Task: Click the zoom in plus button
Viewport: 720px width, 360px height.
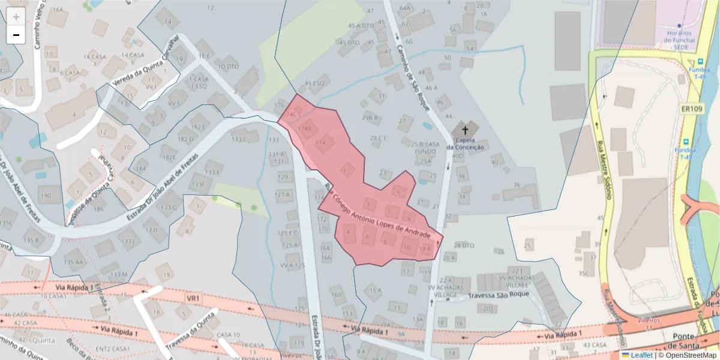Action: (x=16, y=17)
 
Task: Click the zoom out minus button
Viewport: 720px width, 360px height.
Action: (x=16, y=35)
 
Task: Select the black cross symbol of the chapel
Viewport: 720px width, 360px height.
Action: (x=465, y=129)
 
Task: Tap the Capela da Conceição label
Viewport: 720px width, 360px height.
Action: (x=465, y=144)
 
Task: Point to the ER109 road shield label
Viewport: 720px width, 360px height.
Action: (x=692, y=109)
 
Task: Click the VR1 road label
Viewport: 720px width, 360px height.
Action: (x=193, y=298)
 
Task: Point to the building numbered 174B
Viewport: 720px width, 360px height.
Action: (x=305, y=128)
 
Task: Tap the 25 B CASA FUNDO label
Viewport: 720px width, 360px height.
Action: (x=425, y=148)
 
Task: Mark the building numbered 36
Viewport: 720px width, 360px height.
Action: (x=517, y=185)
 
